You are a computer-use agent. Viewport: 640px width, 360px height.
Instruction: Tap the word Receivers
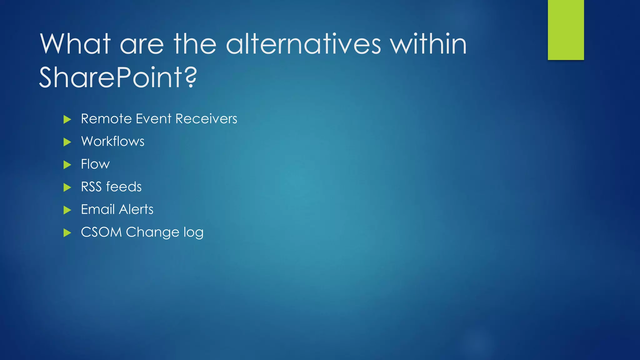click(206, 119)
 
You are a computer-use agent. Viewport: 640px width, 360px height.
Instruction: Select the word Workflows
click(112, 142)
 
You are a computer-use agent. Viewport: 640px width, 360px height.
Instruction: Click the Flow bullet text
click(95, 164)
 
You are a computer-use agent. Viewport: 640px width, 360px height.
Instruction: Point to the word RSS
click(91, 187)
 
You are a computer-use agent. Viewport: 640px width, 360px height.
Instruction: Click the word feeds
click(124, 187)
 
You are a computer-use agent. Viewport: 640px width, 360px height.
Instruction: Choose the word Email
click(97, 209)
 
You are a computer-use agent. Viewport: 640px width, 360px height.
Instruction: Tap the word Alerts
click(136, 209)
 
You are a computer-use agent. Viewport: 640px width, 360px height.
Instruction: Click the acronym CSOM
click(101, 232)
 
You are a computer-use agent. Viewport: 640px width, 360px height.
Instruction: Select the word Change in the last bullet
click(152, 232)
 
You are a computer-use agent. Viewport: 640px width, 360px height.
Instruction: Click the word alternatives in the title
click(303, 44)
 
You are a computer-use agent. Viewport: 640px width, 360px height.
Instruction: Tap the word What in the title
click(75, 44)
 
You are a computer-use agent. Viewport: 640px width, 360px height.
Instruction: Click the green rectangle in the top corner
click(566, 30)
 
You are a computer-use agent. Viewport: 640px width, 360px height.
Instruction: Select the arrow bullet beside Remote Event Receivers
click(67, 119)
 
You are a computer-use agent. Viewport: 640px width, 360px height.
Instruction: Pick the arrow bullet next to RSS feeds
click(67, 187)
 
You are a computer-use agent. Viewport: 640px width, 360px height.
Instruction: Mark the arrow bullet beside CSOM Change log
click(67, 233)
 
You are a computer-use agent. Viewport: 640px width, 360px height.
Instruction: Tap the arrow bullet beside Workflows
click(67, 142)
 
